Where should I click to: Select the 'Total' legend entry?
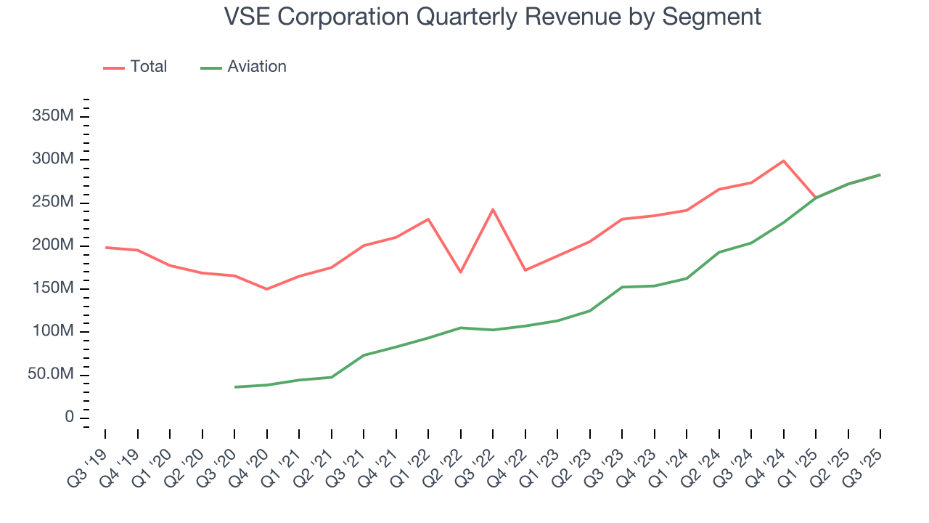coord(148,67)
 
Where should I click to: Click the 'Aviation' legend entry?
coord(256,67)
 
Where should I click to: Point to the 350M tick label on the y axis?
coord(54,117)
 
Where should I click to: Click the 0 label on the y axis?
coord(69,418)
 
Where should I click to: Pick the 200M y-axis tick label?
coord(54,246)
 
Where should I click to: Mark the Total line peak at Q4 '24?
coord(784,161)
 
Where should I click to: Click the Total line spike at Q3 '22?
coord(493,209)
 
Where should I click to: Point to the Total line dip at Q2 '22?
coord(461,272)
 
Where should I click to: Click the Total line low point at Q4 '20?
coord(267,289)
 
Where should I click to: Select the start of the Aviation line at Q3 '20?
coord(235,387)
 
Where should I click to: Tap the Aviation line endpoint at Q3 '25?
coord(880,174)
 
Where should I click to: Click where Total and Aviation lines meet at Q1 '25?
coord(816,198)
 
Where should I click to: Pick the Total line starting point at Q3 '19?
coord(106,248)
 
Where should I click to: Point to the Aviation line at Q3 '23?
coord(622,287)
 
